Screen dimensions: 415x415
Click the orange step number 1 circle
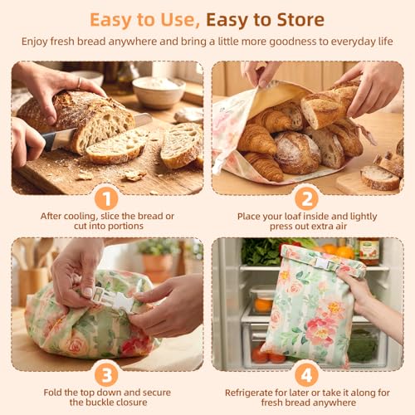tap(106, 198)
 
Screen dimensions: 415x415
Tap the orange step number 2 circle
tap(306, 198)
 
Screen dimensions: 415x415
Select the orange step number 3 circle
tap(106, 375)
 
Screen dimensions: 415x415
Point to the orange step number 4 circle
tap(306, 375)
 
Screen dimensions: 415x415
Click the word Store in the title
tap(300, 20)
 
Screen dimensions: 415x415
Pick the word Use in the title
tap(178, 20)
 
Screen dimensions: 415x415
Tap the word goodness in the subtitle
tap(293, 41)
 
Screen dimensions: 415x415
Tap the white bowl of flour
tap(159, 92)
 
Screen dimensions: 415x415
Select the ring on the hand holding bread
tap(79, 82)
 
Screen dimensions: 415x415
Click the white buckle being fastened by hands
tap(111, 298)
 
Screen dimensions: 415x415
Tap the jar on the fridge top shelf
tap(369, 251)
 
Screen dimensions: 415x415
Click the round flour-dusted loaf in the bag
tap(298, 153)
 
